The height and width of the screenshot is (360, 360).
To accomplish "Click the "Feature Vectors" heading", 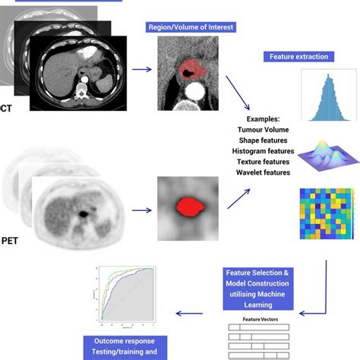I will (x=259, y=321).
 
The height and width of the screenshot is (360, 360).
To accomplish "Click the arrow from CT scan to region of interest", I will (x=142, y=70).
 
